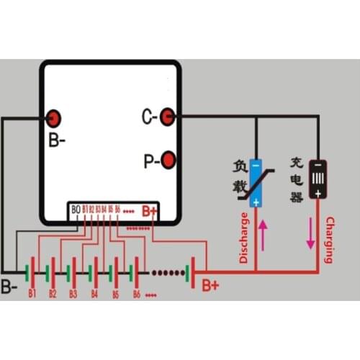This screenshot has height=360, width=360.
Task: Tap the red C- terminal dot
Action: click(168, 115)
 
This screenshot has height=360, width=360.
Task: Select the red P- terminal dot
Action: click(168, 159)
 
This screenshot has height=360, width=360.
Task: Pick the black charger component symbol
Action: click(316, 179)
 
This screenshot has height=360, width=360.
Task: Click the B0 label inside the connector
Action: click(75, 210)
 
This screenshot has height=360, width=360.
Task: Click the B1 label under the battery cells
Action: click(32, 294)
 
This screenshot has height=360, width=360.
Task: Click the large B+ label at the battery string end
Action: click(210, 286)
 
